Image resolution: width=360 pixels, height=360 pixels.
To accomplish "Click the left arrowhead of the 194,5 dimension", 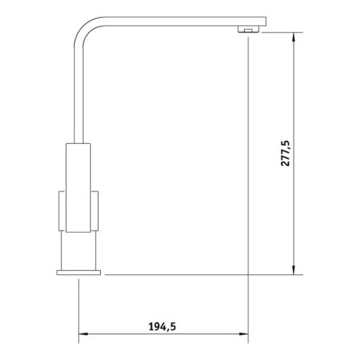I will click(81, 335).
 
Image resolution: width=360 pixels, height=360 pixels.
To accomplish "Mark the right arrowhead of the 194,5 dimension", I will click(244, 335).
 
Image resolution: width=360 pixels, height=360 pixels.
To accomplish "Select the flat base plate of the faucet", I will click(78, 271).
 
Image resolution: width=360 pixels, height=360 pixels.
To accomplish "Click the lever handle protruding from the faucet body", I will click(60, 211).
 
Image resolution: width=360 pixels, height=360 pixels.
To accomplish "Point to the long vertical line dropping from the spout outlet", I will click(248, 180).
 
